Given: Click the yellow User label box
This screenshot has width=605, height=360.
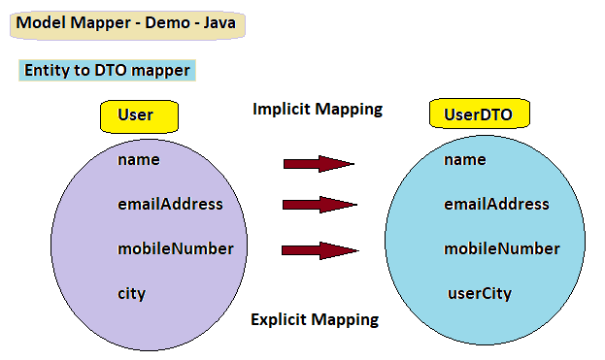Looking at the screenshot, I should [139, 115].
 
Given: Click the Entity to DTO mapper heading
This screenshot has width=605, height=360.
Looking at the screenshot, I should [106, 71].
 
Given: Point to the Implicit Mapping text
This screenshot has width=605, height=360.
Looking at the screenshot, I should [317, 109].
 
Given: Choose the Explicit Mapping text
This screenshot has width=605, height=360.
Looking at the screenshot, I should [315, 319].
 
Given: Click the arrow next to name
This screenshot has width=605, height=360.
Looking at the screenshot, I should [319, 164].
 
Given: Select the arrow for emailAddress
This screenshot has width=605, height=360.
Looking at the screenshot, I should [319, 205].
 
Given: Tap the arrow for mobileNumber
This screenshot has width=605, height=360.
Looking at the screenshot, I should [319, 250].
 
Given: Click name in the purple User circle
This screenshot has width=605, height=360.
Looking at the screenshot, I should [138, 159].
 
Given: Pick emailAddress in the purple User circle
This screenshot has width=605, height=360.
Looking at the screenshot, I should [170, 204].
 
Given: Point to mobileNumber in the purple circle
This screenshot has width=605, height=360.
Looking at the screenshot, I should [175, 248].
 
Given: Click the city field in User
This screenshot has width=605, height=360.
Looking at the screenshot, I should [131, 293].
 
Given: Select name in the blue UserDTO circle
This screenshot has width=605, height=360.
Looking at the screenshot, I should [464, 159].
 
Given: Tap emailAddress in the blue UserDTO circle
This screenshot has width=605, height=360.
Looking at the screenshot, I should [496, 204].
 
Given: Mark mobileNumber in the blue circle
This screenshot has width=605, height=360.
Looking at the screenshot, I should [501, 248].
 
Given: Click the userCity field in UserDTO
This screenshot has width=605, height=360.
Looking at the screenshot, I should [479, 293].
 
